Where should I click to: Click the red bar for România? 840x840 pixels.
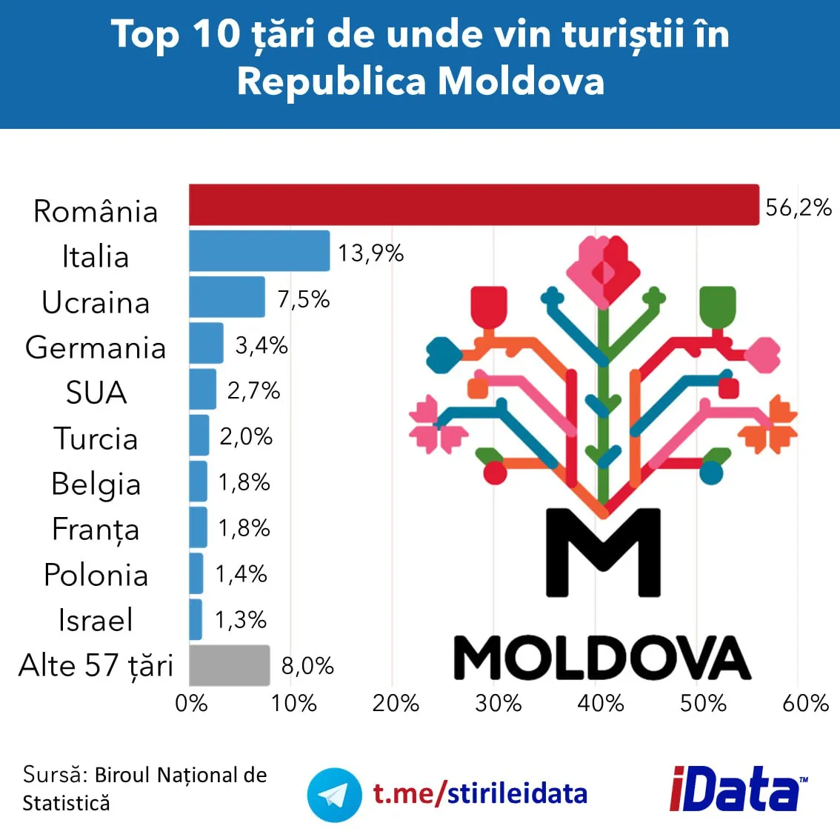coord(474,204)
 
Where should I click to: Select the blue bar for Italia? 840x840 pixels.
coord(259,250)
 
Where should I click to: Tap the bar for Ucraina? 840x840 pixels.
coord(227,296)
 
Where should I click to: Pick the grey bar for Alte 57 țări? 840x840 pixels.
coord(229,665)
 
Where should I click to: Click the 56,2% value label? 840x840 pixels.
coord(798,207)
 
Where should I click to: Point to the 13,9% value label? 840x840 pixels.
coord(370,253)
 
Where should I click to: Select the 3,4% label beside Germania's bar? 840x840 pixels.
coord(261,345)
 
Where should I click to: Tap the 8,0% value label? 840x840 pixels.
coord(307,666)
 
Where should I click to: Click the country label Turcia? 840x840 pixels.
coord(96,439)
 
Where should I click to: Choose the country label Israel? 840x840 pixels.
coord(96,620)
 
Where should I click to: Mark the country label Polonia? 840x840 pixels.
coord(96,575)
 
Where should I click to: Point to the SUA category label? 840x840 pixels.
coord(96,393)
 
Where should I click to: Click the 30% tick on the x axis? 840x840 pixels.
coord(498,703)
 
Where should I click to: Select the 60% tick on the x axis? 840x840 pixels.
coord(805,703)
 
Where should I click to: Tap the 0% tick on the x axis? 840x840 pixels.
coord(191,703)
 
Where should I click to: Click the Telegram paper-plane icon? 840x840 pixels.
coord(334,795)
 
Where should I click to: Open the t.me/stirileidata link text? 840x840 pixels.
coord(480,793)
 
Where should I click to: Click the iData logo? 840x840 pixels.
coord(737,790)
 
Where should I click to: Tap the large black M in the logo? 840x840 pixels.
coord(603,552)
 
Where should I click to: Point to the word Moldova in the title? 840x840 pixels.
coord(521,81)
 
